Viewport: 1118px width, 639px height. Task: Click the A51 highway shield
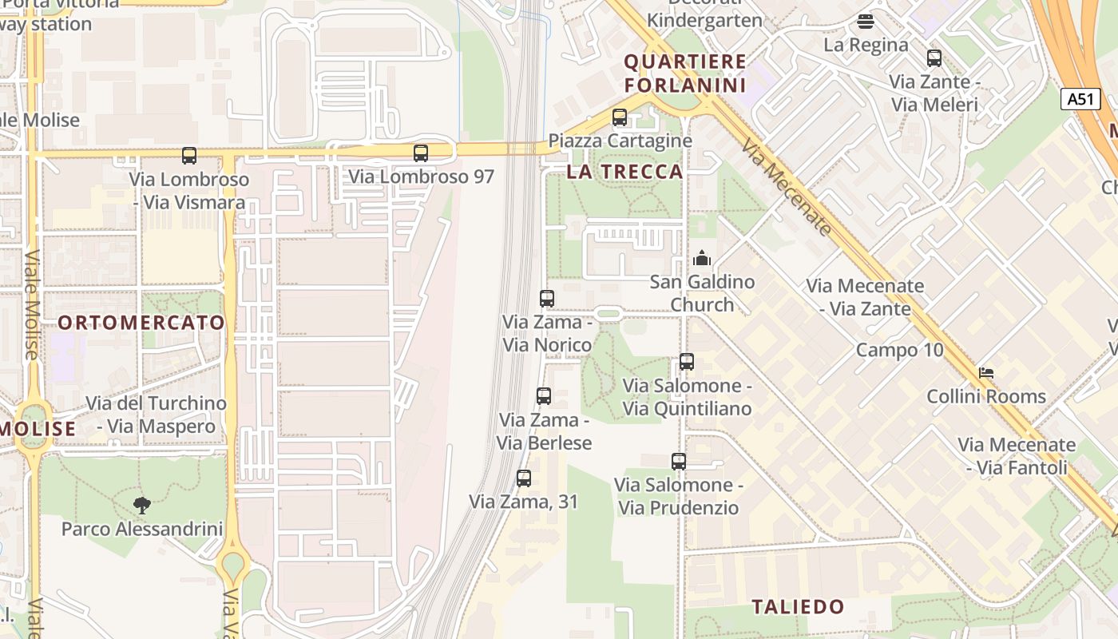tap(1080, 99)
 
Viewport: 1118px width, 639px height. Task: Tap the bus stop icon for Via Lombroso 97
tap(421, 153)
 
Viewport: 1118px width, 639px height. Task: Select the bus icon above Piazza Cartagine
tap(620, 117)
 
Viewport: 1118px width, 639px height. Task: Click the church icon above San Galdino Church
tap(702, 258)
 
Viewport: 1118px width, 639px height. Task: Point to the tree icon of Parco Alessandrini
tap(142, 505)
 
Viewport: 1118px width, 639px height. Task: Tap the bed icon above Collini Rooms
tap(986, 373)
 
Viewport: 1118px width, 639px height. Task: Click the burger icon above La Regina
tap(866, 22)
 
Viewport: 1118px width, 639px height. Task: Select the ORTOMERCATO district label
tap(141, 323)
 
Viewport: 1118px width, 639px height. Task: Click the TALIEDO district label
tap(798, 607)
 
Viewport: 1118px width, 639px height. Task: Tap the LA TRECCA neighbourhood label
tap(625, 172)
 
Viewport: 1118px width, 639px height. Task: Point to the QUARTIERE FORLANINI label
tap(685, 73)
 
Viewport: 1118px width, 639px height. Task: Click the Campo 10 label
tap(899, 350)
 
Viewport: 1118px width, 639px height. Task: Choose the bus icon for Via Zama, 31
tap(524, 478)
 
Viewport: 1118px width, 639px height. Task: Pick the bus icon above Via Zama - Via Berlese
tap(544, 396)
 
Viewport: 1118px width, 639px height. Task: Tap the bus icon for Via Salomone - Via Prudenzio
tap(679, 461)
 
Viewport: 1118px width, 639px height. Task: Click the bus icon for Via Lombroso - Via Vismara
tap(189, 156)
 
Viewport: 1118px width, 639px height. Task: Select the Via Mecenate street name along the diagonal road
tap(787, 189)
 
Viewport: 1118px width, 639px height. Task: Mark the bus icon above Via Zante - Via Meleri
tap(934, 58)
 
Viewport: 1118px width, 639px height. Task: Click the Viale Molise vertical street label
tap(31, 304)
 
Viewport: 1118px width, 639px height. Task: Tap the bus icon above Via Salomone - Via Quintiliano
tap(687, 362)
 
